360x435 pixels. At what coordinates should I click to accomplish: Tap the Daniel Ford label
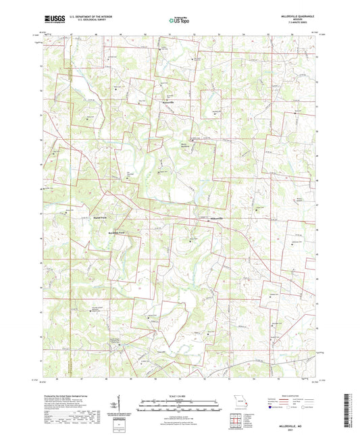(x=101, y=218)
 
